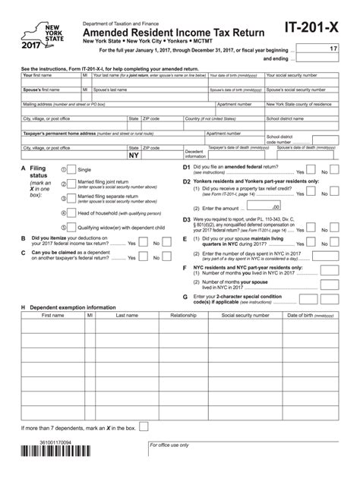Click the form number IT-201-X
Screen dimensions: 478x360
(x=312, y=28)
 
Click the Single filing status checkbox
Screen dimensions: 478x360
(x=71, y=169)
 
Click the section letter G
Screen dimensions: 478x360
(x=185, y=296)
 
